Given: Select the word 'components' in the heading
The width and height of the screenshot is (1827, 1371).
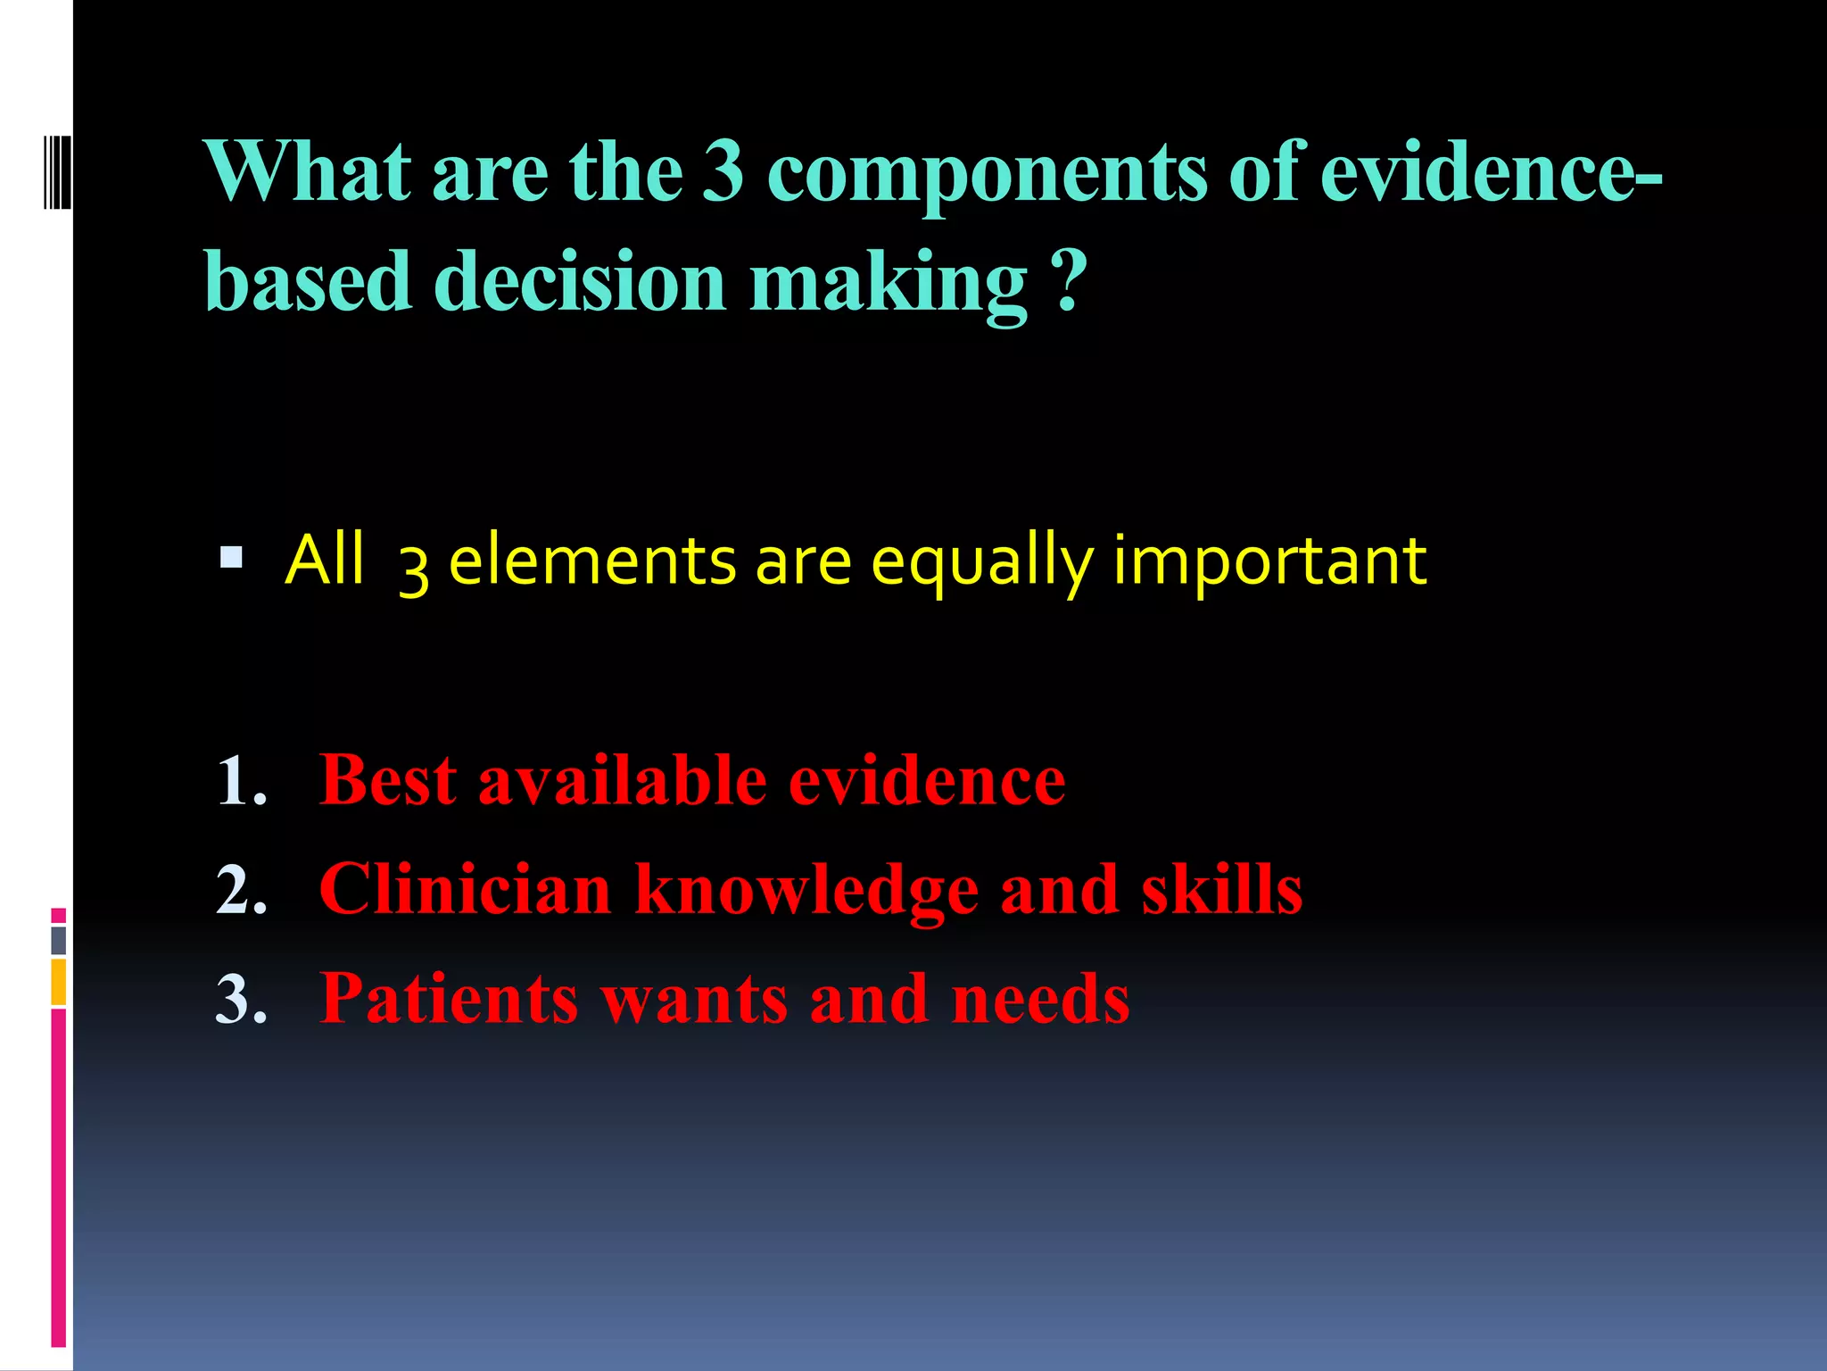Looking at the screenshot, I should click(x=986, y=174).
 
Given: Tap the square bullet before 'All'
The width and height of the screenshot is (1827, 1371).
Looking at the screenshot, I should click(x=231, y=559).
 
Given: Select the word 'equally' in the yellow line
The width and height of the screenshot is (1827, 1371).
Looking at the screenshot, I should click(x=981, y=562).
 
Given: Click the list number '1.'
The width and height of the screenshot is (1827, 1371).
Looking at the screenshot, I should click(x=242, y=781).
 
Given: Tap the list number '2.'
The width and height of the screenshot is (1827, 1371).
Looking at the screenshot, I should click(x=242, y=890).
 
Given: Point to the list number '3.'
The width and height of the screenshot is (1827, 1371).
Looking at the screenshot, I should click(x=242, y=999).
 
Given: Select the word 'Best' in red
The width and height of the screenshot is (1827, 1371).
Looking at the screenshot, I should click(x=388, y=780).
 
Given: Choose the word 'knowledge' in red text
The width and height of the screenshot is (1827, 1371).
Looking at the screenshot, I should click(x=806, y=891).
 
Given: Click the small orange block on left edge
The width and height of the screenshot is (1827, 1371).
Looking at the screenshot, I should click(x=59, y=982).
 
